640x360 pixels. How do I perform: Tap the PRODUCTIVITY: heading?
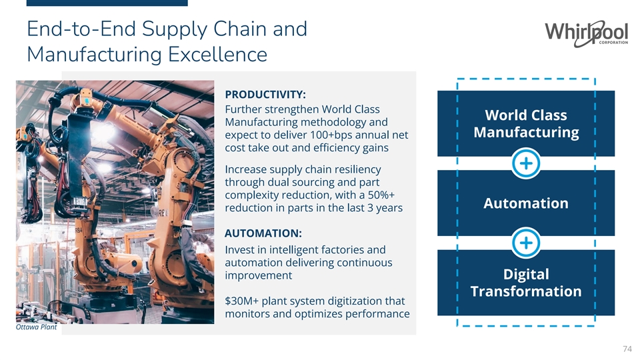coord(265,94)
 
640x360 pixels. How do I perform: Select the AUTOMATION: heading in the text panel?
coord(264,233)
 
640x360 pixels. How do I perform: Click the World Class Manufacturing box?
coord(525,123)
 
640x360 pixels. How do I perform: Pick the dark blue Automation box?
coord(525,203)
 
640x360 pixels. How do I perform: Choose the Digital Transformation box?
coord(525,283)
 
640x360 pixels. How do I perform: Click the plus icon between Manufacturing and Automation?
coord(526,163)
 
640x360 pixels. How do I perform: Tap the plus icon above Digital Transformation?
coord(526,243)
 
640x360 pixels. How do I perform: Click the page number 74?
coord(626,349)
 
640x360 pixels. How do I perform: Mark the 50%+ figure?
coord(380,195)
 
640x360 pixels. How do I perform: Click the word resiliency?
coord(354,169)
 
